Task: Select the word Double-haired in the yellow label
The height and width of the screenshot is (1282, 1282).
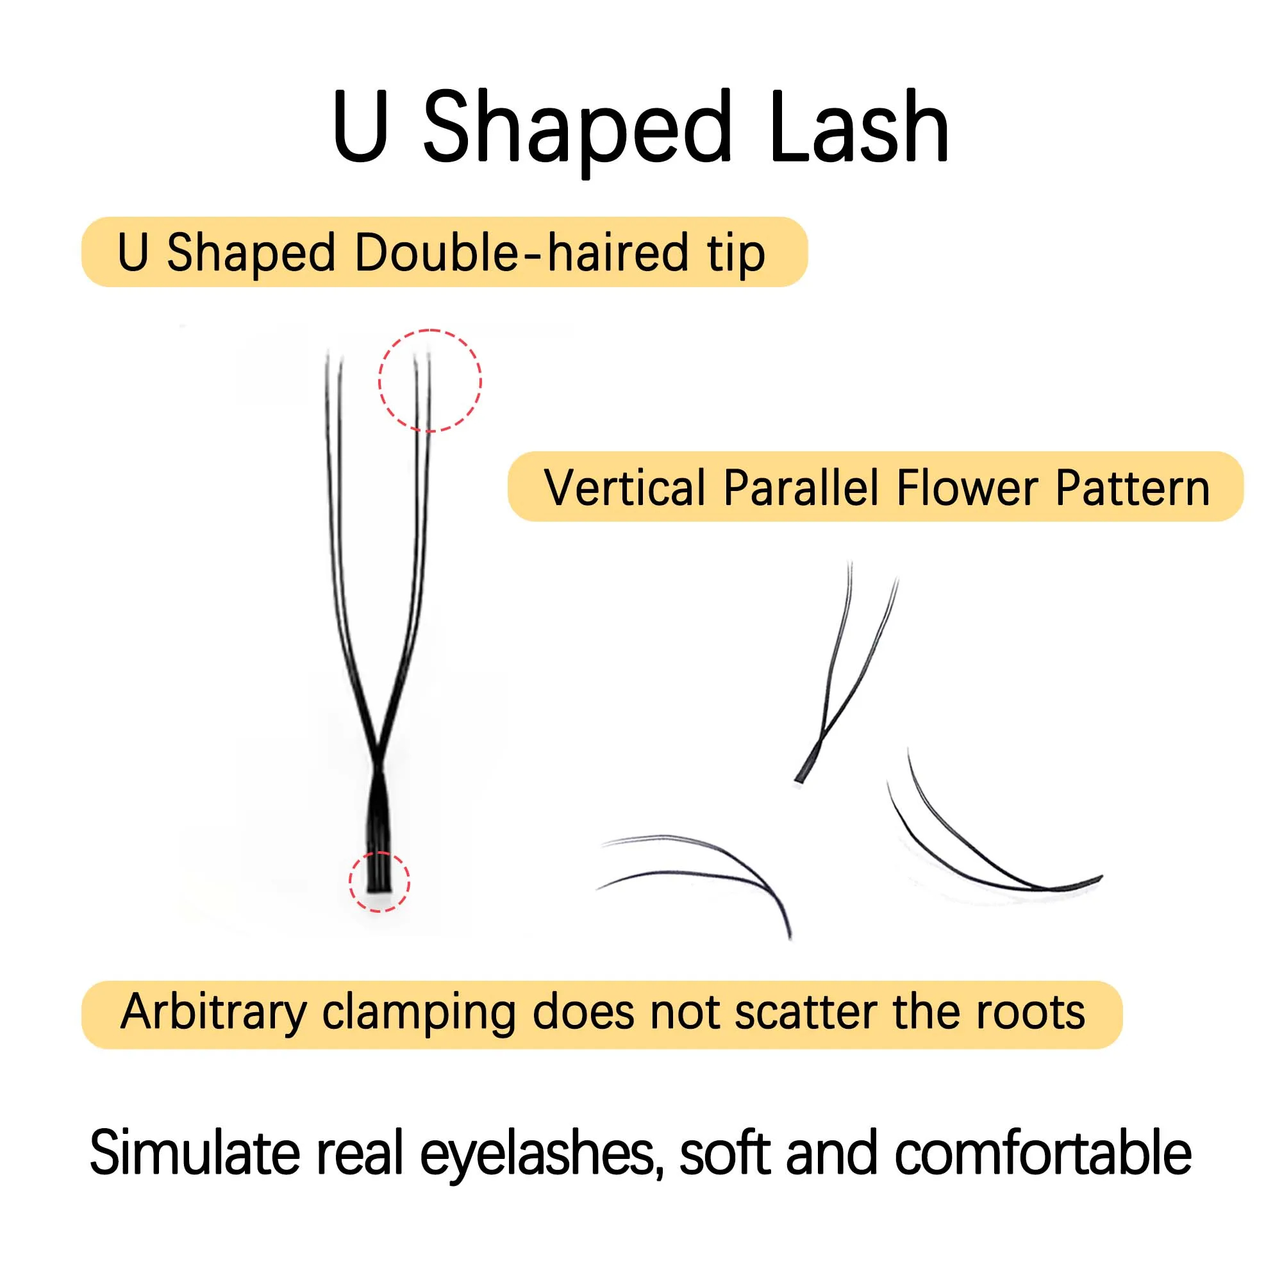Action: (x=521, y=253)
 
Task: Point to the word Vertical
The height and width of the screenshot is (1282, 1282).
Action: (x=624, y=488)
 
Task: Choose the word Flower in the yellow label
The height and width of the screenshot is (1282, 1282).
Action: (x=967, y=488)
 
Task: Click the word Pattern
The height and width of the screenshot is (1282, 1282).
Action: (x=1133, y=488)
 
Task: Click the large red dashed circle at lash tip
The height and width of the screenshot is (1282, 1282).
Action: (x=430, y=380)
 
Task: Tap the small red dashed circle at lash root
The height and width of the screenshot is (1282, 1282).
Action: (x=379, y=881)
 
